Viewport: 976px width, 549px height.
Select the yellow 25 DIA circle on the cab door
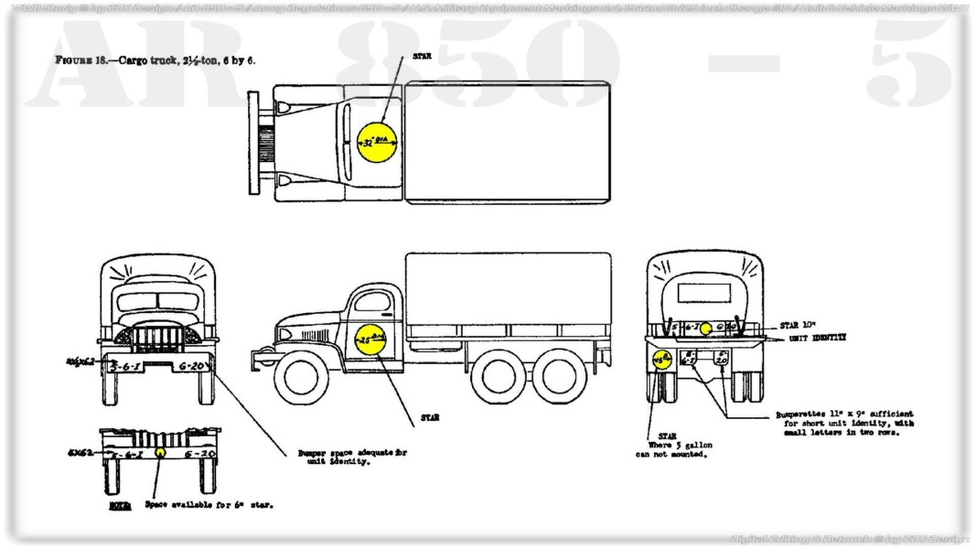(371, 340)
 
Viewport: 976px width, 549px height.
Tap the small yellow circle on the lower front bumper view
(160, 452)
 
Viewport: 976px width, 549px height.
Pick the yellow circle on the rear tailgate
(705, 328)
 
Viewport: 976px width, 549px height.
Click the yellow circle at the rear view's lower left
(661, 360)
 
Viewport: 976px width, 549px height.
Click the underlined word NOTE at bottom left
(119, 504)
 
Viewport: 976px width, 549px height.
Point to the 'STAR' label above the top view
(422, 56)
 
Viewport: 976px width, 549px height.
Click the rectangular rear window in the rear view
(704, 293)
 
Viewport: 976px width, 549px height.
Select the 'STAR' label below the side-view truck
(429, 417)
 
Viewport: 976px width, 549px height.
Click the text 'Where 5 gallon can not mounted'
(673, 449)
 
